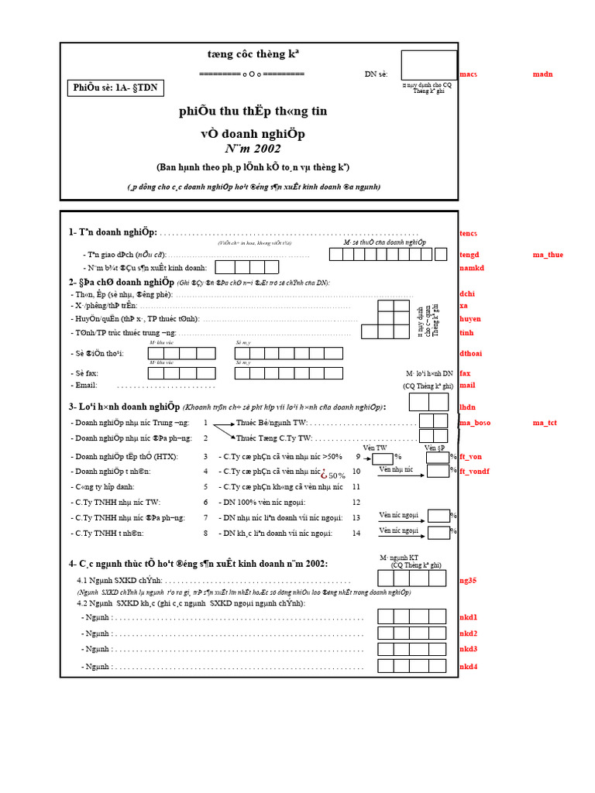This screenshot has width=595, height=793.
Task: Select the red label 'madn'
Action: click(542, 74)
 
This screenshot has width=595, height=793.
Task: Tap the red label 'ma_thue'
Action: click(548, 255)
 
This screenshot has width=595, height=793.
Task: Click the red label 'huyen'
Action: click(469, 318)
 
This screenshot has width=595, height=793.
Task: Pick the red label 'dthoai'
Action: click(471, 353)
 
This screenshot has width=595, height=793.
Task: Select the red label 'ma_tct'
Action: click(545, 423)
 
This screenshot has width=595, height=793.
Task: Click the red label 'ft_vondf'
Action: click(474, 471)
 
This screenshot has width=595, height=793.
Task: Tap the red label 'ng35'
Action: click(467, 579)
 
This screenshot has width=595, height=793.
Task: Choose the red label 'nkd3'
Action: click(468, 649)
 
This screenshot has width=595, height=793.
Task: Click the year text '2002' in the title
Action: click(266, 149)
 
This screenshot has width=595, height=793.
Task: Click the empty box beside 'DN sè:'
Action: click(428, 64)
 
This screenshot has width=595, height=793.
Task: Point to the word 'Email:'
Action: click(85, 385)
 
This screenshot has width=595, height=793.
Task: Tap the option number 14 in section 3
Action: click(356, 533)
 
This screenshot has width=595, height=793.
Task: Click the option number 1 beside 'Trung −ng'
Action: click(205, 423)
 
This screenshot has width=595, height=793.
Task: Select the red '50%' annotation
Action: click(334, 475)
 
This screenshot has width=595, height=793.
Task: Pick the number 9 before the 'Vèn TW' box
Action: click(358, 458)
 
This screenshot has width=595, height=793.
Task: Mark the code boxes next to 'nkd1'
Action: click(411, 616)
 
